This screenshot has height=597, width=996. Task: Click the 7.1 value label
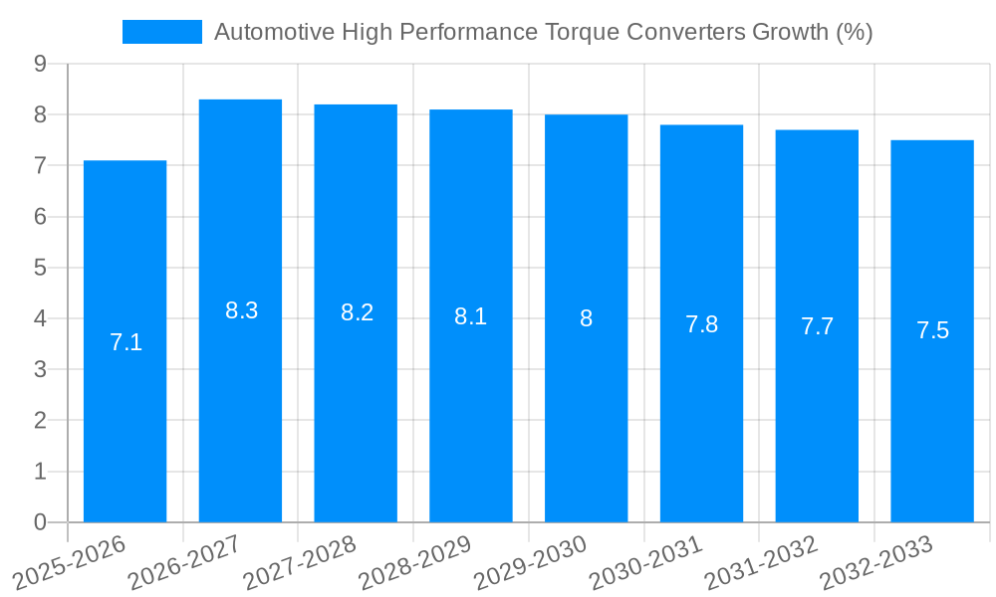tap(125, 342)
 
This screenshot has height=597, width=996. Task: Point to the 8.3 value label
tap(241, 310)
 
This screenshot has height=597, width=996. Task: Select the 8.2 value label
tap(357, 312)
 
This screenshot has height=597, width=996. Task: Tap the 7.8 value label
tap(701, 323)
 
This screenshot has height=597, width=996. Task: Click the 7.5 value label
tap(932, 330)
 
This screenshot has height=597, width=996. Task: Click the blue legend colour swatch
tap(161, 32)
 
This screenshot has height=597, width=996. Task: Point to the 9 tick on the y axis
tap(40, 64)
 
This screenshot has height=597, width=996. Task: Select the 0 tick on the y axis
tap(40, 522)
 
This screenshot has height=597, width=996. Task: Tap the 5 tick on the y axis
tap(40, 268)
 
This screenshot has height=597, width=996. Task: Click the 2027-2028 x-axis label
tap(298, 562)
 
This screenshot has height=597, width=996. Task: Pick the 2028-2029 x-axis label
tap(413, 562)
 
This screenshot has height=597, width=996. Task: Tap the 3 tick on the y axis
tap(40, 370)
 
